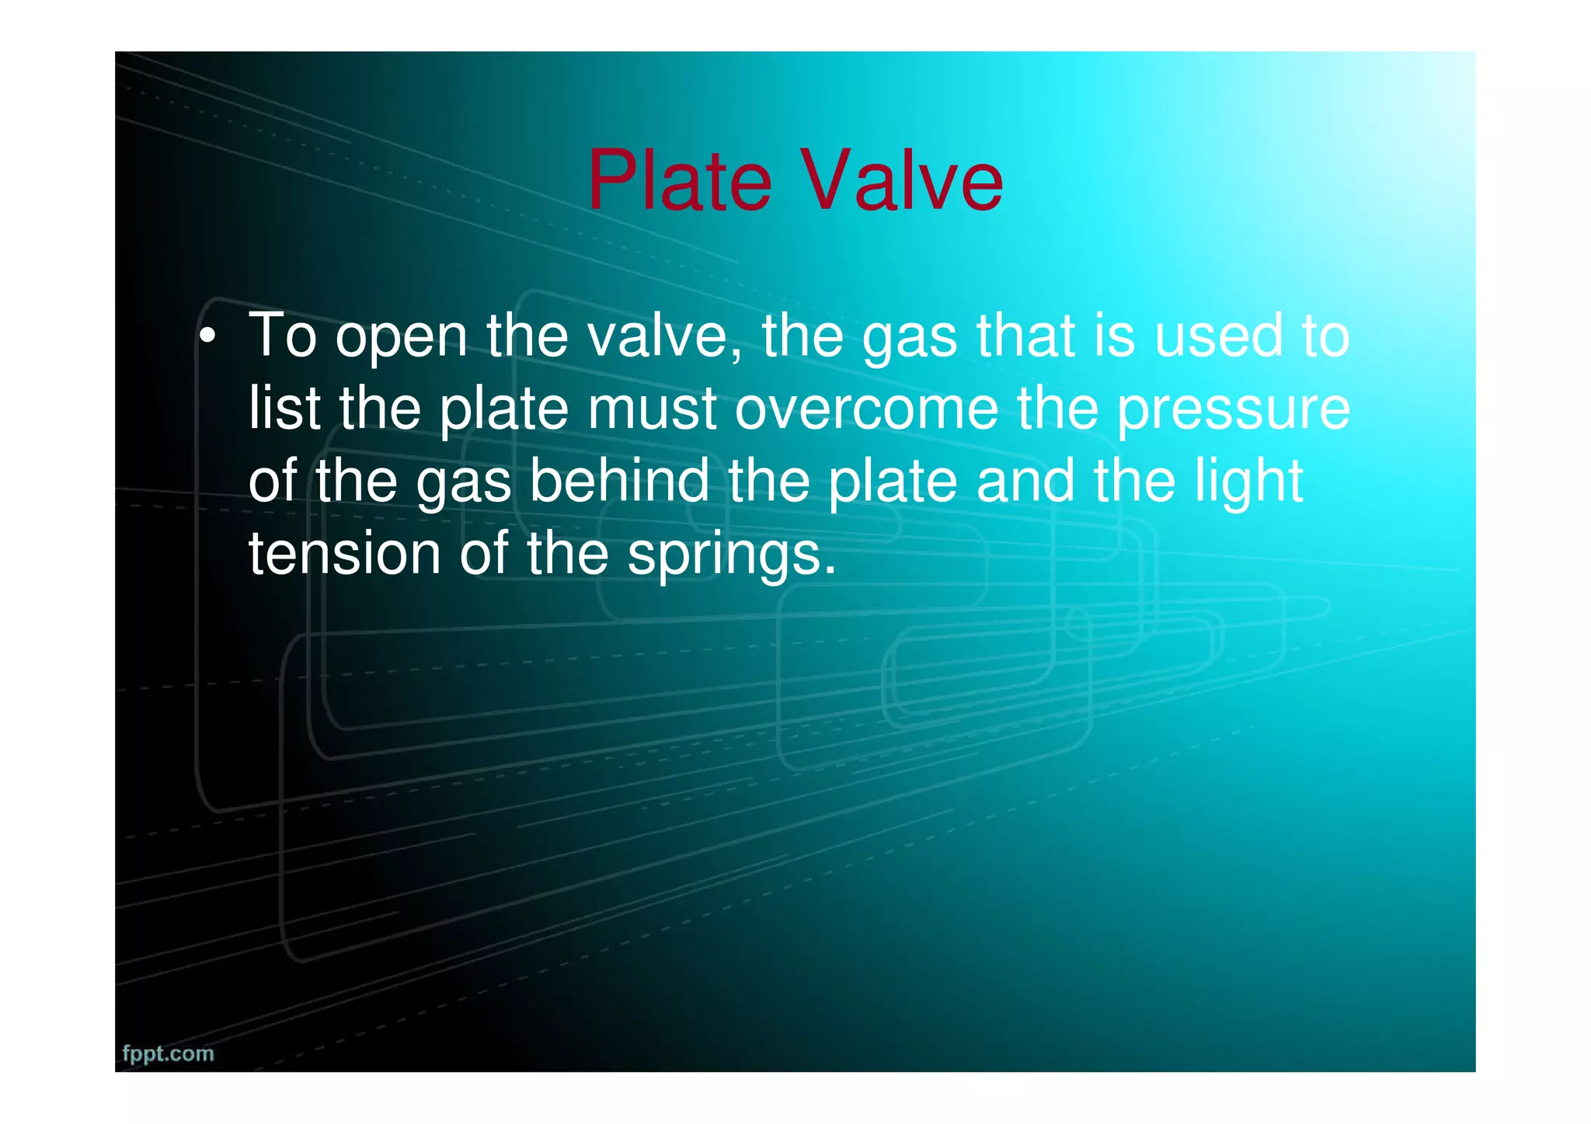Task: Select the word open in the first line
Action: (x=401, y=337)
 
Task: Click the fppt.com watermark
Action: (x=168, y=1054)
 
